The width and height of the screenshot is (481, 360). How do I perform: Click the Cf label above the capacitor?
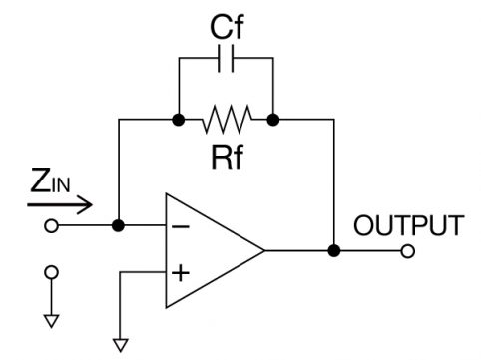tap(227, 28)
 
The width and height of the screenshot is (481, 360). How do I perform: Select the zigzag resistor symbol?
tap(227, 119)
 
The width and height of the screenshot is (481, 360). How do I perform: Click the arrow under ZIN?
tap(60, 204)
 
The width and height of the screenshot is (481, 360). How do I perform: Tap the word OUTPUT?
tap(409, 225)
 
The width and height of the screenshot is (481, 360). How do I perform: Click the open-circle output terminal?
tap(408, 251)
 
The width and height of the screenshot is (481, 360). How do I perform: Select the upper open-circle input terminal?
tap(51, 226)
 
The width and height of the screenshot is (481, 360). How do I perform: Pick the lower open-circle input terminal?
tap(51, 272)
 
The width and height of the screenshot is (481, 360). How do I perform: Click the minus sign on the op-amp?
tap(181, 227)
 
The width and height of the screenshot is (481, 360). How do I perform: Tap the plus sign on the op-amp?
tap(181, 273)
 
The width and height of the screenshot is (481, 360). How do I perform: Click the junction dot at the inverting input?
tap(118, 226)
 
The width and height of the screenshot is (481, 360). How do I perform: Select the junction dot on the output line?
tap(334, 250)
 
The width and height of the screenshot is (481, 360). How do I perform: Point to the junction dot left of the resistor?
tap(179, 119)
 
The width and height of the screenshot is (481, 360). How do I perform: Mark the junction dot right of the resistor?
tap(273, 119)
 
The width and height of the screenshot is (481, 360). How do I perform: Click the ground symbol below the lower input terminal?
tap(52, 321)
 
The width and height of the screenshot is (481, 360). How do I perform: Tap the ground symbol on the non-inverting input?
tap(121, 345)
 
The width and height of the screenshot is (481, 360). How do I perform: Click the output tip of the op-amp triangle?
tap(264, 250)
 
